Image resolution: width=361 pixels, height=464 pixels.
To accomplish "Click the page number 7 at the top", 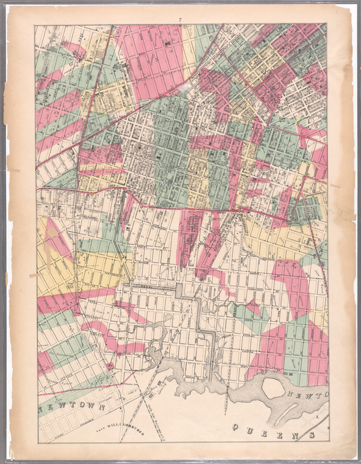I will pos(180,21).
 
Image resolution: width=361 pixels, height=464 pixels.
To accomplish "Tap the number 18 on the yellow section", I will pos(73,285).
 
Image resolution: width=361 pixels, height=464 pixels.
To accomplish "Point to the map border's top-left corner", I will pos(35,25).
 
